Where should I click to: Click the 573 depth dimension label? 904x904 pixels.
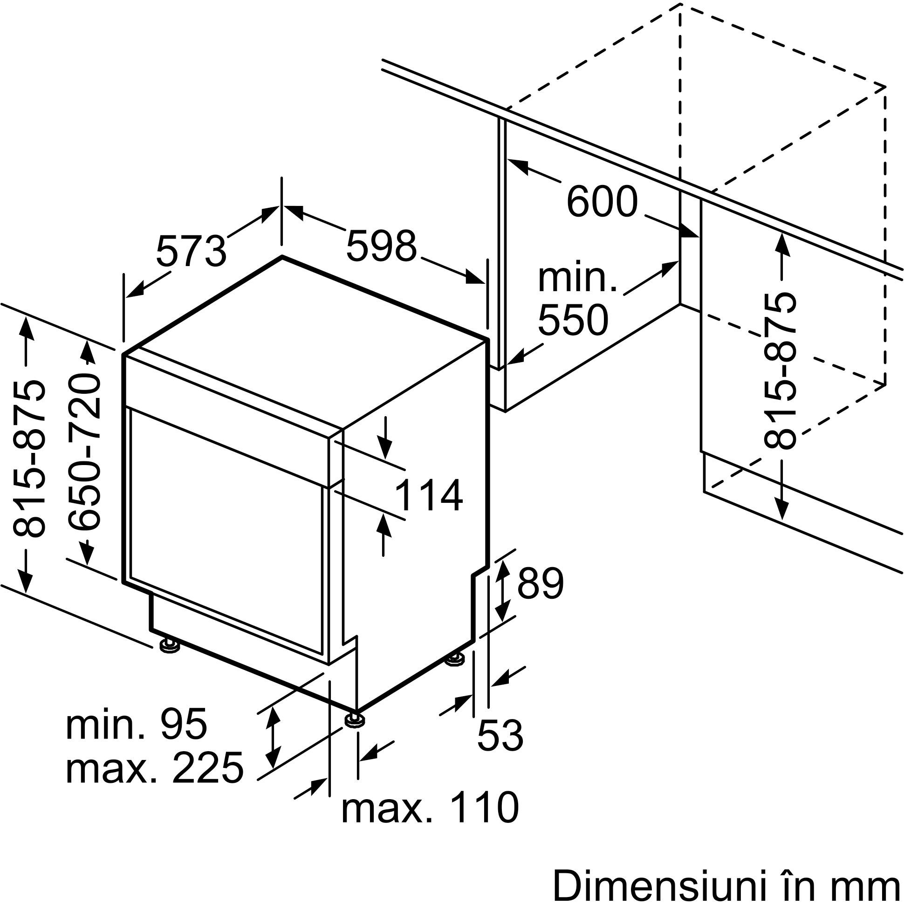(191, 251)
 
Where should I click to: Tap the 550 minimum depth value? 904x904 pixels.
(573, 320)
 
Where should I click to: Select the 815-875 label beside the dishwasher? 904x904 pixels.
(29, 459)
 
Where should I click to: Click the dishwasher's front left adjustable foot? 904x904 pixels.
(169, 646)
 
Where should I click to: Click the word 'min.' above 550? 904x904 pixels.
(577, 279)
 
